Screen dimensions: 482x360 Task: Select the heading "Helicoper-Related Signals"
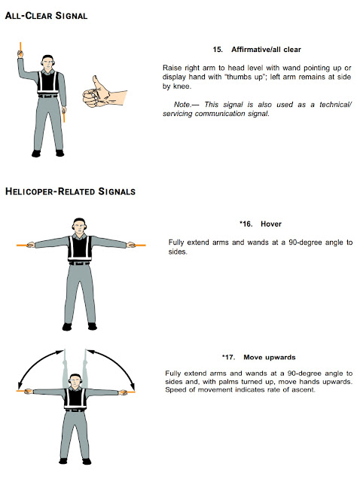pyautogui.click(x=70, y=191)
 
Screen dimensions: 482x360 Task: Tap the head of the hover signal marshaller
pyautogui.click(x=78, y=225)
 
